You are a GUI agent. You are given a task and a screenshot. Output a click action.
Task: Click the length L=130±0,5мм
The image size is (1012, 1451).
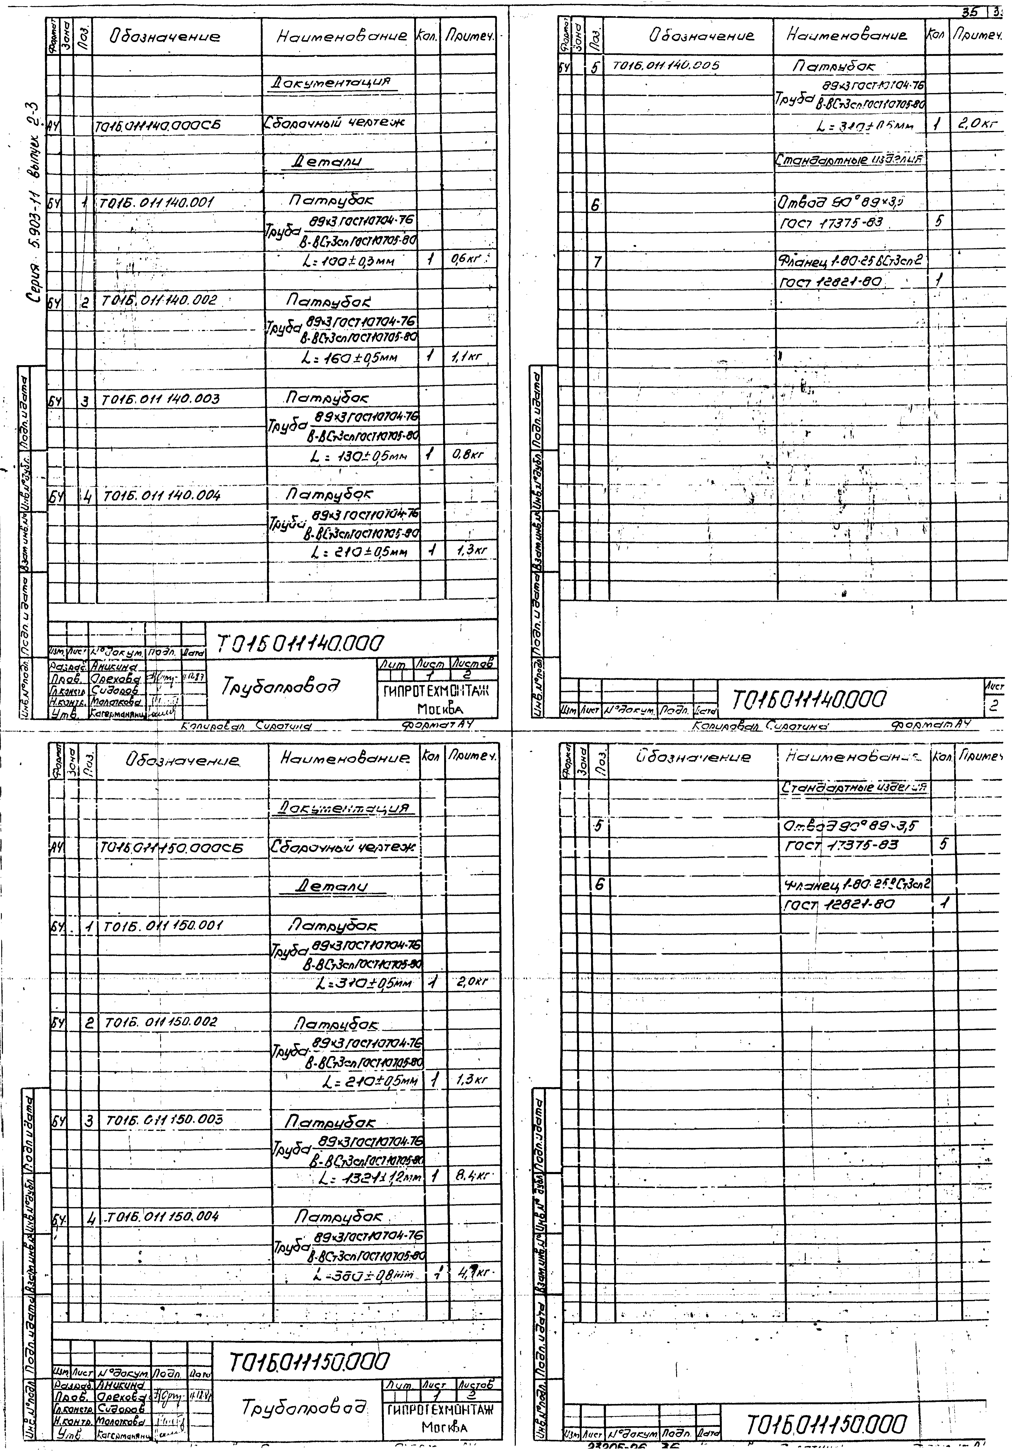click(x=358, y=456)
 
